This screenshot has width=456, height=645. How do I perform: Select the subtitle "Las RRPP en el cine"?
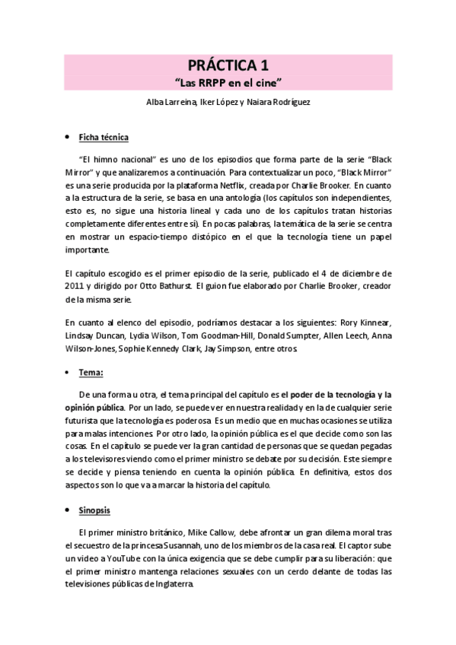coord(228,80)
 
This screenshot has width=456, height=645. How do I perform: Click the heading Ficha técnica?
coord(104,137)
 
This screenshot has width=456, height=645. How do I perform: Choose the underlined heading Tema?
coord(91,373)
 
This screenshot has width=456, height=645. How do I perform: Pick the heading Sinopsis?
coord(97,510)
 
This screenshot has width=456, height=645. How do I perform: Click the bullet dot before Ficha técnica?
coord(66,138)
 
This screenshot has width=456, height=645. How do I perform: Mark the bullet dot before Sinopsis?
coord(66,510)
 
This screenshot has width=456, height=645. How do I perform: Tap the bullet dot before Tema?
coord(66,373)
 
